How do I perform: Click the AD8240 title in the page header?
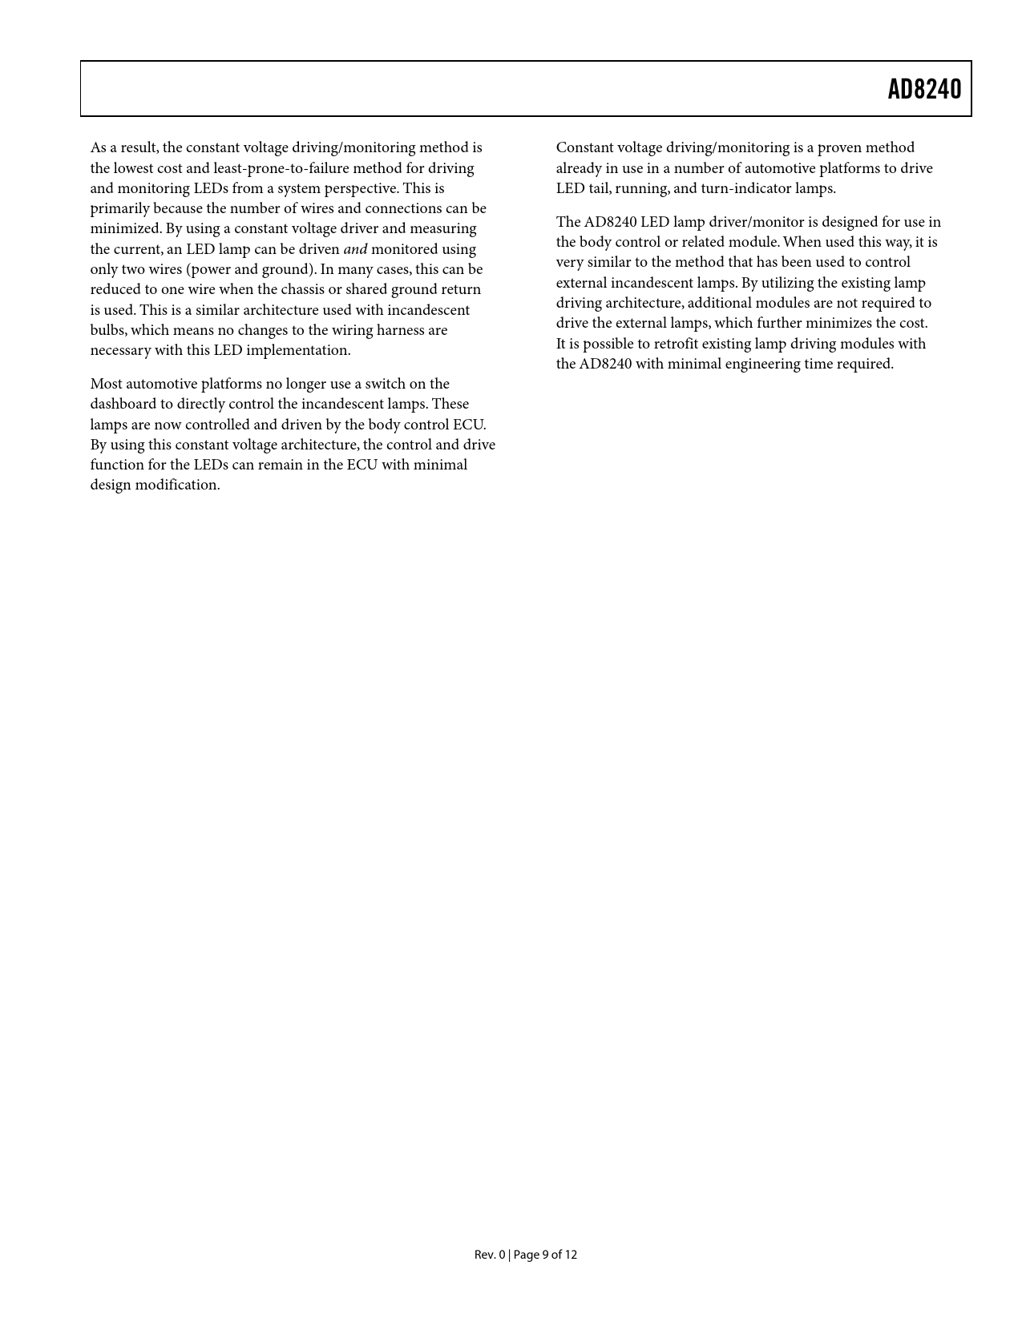[923, 89]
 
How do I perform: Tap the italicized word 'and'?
[355, 249]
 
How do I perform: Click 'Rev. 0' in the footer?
[489, 1255]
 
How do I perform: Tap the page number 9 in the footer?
[545, 1255]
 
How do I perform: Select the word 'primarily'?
[119, 208]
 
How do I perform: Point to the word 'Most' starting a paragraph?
[106, 384]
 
